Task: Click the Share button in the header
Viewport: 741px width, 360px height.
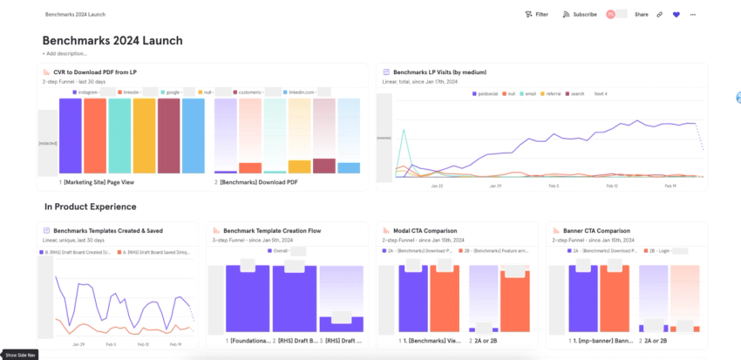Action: pyautogui.click(x=641, y=15)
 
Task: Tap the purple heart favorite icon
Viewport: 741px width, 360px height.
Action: pyautogui.click(x=676, y=15)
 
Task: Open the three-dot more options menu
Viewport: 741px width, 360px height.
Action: pyautogui.click(x=693, y=15)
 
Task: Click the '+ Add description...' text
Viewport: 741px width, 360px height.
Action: pyautogui.click(x=65, y=53)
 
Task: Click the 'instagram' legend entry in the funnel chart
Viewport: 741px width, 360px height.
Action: pyautogui.click(x=85, y=92)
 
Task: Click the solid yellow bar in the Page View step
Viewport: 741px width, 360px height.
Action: pyautogui.click(x=145, y=135)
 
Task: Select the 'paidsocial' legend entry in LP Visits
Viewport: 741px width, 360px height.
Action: pyautogui.click(x=486, y=93)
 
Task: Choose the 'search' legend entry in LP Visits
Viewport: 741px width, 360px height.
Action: pyautogui.click(x=575, y=93)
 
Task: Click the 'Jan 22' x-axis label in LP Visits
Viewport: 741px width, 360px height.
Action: pyautogui.click(x=437, y=186)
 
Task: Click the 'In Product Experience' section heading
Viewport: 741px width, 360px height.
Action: pyautogui.click(x=90, y=207)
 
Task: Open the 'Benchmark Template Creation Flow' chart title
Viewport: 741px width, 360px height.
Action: pyautogui.click(x=271, y=231)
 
